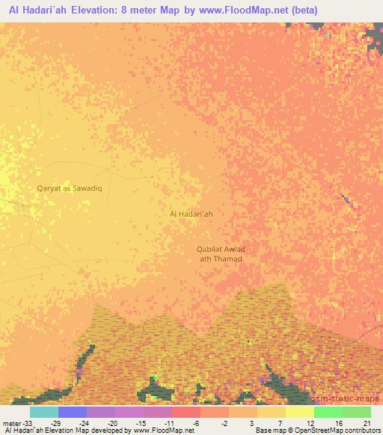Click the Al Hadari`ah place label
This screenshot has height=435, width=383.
point(191,214)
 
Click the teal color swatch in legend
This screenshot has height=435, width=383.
point(43,412)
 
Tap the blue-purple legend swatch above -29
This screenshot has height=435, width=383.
point(73,412)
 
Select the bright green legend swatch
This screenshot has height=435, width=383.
point(328,412)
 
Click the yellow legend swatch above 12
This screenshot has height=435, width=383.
point(299,412)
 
